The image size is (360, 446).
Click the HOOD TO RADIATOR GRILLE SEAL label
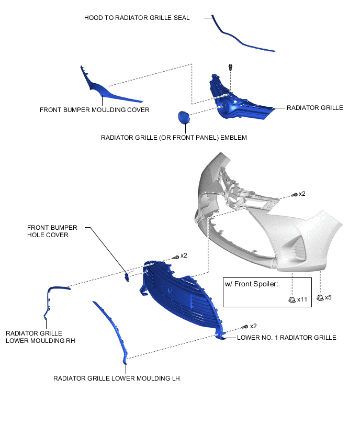click(137, 18)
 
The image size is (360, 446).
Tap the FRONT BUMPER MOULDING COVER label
click(95, 110)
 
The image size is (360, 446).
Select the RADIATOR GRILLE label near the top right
click(314, 108)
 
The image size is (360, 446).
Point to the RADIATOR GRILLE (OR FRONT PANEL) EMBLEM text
click(173, 138)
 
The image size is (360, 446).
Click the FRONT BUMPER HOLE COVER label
click(52, 231)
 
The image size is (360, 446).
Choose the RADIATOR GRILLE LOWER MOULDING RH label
click(40, 337)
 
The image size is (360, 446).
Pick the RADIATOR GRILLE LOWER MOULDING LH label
click(116, 378)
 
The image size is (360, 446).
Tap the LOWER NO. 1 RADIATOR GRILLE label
click(286, 338)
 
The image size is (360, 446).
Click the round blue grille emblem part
click(183, 117)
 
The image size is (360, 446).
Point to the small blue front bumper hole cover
click(127, 276)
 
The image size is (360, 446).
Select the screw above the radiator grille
click(230, 68)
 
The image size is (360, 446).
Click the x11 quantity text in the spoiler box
click(302, 300)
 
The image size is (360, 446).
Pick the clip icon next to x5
click(319, 297)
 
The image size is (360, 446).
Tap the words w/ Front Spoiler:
click(251, 284)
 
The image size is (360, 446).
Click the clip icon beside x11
click(292, 299)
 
